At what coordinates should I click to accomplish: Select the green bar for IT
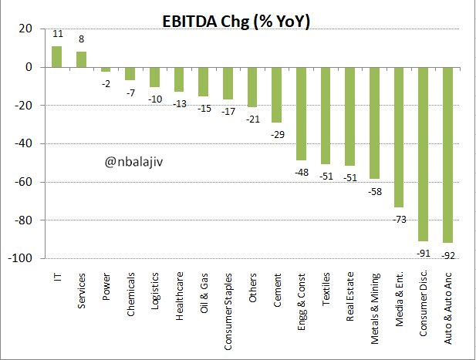[x=56, y=57]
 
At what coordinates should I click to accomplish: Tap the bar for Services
[x=81, y=59]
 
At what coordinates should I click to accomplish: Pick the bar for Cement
[x=276, y=95]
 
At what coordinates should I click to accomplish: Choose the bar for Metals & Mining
[x=374, y=123]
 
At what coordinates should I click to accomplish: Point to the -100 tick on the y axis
[x=20, y=258]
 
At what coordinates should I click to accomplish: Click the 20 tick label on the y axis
[x=25, y=29]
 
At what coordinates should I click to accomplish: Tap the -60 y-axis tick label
[x=22, y=182]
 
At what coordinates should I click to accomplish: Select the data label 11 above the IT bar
[x=57, y=35]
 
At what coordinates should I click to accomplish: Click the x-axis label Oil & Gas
[x=204, y=288]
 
